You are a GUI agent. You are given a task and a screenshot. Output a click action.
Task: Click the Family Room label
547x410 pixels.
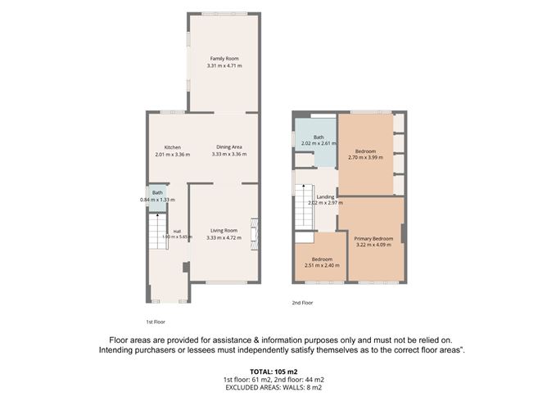pyautogui.click(x=224, y=59)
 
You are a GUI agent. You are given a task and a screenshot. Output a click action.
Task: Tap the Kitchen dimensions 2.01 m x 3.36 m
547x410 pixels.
pyautogui.click(x=172, y=154)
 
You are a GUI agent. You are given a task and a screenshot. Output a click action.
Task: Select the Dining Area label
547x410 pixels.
pyautogui.click(x=229, y=147)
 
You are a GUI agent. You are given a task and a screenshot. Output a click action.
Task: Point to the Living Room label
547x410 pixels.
pyautogui.click(x=224, y=231)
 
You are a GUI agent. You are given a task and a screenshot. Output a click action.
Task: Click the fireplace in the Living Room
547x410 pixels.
pyautogui.click(x=255, y=234)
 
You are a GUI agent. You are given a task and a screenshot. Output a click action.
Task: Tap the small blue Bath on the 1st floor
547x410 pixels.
pyautogui.click(x=157, y=198)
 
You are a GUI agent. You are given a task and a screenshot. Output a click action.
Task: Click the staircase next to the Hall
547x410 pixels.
pyautogui.click(x=158, y=231)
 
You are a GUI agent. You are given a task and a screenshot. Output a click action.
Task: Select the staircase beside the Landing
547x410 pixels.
pyautogui.click(x=305, y=207)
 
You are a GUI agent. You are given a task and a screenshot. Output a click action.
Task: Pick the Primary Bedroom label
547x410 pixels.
pyautogui.click(x=373, y=239)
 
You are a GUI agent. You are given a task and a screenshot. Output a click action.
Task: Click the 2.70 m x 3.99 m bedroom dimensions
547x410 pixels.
pyautogui.click(x=365, y=157)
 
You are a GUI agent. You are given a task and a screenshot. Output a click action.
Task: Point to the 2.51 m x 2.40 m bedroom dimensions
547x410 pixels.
pyautogui.click(x=322, y=265)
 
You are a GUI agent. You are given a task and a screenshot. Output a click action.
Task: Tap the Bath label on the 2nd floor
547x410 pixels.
pyautogui.click(x=319, y=137)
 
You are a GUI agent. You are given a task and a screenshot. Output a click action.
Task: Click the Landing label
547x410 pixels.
pyautogui.click(x=325, y=197)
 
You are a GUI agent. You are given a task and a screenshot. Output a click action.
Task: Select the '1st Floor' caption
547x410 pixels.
pyautogui.click(x=156, y=322)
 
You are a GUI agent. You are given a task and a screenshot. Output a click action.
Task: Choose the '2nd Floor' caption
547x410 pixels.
pyautogui.click(x=302, y=303)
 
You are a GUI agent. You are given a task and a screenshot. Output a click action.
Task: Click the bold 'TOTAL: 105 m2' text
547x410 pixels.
pyautogui.click(x=273, y=372)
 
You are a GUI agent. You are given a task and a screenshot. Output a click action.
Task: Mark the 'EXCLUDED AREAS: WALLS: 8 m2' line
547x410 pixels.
pyautogui.click(x=273, y=387)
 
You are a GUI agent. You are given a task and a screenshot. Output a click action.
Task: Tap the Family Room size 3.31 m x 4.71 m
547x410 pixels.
pyautogui.click(x=224, y=65)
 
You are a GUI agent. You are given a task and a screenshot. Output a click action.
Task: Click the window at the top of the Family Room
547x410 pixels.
pyautogui.click(x=224, y=14)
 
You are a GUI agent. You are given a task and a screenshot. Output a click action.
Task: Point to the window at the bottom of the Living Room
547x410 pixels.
pyautogui.click(x=226, y=282)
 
